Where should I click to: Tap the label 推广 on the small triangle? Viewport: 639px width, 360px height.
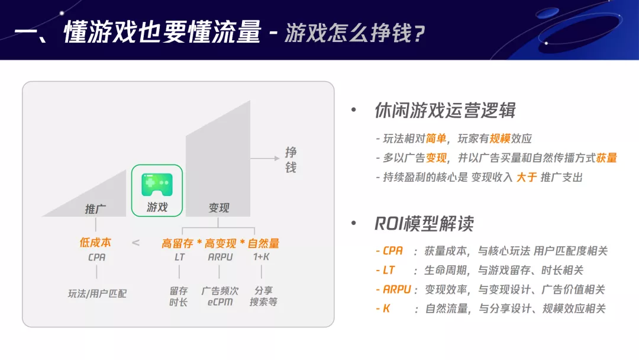click(x=95, y=208)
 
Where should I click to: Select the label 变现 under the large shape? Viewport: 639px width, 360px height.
click(x=219, y=208)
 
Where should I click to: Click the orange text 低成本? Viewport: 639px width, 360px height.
click(x=95, y=243)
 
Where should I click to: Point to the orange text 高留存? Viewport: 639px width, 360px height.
click(x=177, y=243)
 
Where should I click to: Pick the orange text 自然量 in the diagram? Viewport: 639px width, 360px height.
click(x=263, y=243)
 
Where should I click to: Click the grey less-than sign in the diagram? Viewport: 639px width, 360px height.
click(x=135, y=243)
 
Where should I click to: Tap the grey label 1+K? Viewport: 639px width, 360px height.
click(x=261, y=258)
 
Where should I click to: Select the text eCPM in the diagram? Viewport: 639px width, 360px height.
click(x=220, y=303)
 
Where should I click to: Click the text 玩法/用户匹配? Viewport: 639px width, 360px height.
click(x=97, y=293)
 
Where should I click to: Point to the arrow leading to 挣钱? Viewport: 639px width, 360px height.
click(x=264, y=158)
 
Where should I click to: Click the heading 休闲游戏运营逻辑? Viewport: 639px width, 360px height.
click(x=445, y=110)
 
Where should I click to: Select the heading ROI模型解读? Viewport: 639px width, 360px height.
click(x=424, y=224)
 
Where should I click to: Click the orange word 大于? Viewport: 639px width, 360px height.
click(x=526, y=177)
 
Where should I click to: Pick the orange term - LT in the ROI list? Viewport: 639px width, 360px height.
click(x=385, y=270)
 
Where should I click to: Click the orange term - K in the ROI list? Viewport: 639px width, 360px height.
click(x=383, y=308)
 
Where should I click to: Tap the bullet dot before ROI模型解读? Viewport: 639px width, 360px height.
click(x=354, y=223)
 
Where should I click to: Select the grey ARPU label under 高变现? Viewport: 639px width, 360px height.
click(x=220, y=258)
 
